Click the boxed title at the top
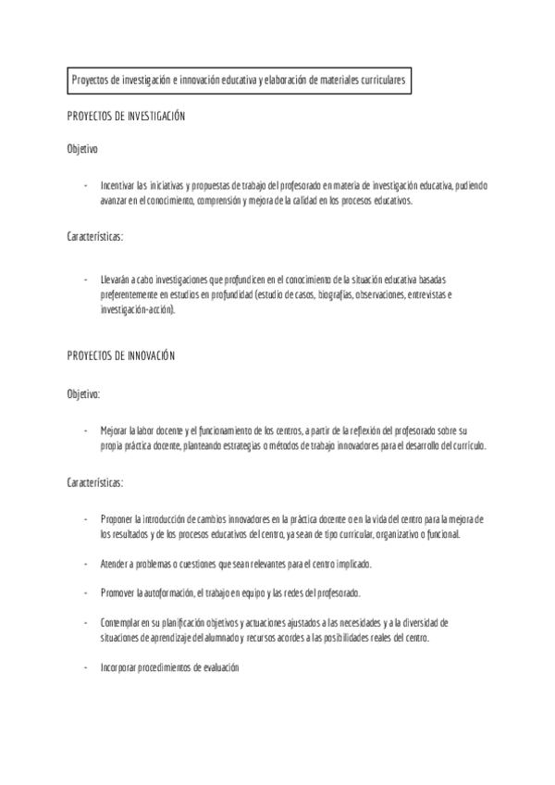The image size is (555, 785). [239, 81]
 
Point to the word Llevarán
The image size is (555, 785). [115, 279]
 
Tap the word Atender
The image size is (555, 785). [115, 564]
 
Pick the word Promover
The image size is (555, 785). [117, 592]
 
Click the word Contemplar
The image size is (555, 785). [120, 623]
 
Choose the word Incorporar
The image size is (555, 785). [119, 667]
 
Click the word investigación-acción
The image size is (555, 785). [137, 310]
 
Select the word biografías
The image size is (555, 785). [338, 294]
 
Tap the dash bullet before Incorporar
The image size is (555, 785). [85, 667]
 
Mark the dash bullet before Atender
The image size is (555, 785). [85, 564]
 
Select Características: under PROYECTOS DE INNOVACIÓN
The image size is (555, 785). [95, 482]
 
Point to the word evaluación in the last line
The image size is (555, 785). [218, 667]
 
